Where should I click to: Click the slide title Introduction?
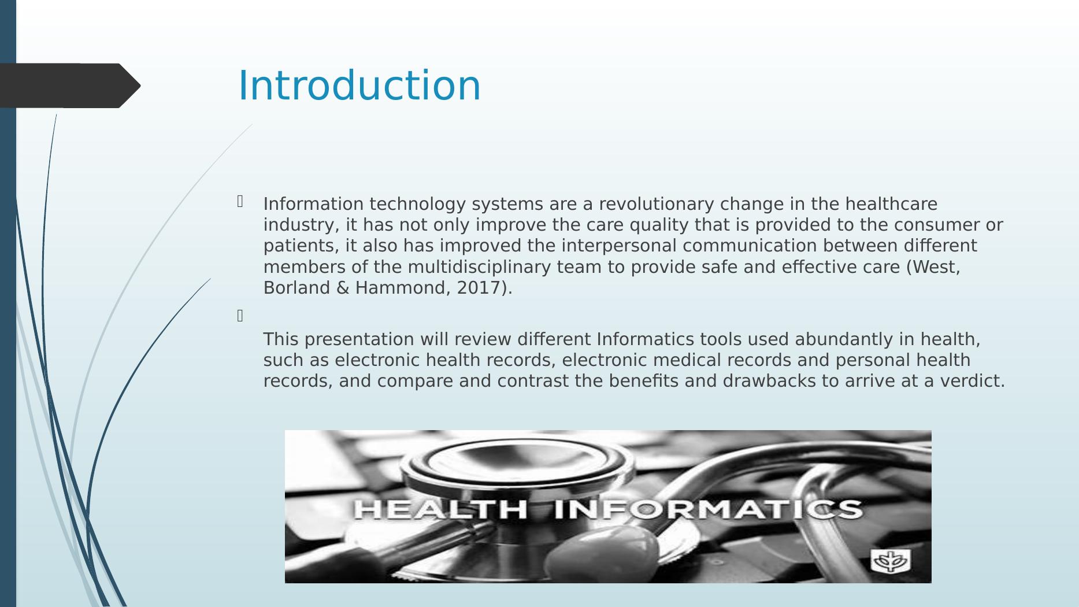coord(359,86)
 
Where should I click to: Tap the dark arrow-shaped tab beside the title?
coord(70,86)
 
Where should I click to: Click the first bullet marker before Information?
coord(240,201)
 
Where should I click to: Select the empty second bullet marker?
coord(240,316)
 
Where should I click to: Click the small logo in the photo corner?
coord(891,561)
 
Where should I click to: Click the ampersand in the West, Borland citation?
coord(342,288)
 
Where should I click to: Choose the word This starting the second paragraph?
coord(281,339)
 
